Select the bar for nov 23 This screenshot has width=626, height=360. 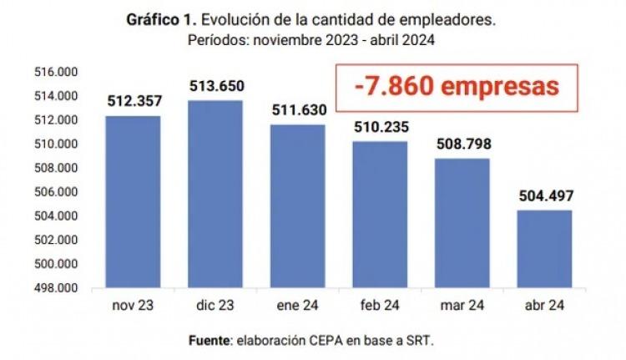pyautogui.click(x=133, y=202)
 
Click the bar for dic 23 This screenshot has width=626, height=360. pyautogui.click(x=215, y=195)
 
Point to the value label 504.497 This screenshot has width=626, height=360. pyautogui.click(x=543, y=197)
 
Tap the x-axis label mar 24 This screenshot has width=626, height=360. pyautogui.click(x=462, y=305)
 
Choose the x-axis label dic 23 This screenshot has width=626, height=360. pyautogui.click(x=215, y=305)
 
